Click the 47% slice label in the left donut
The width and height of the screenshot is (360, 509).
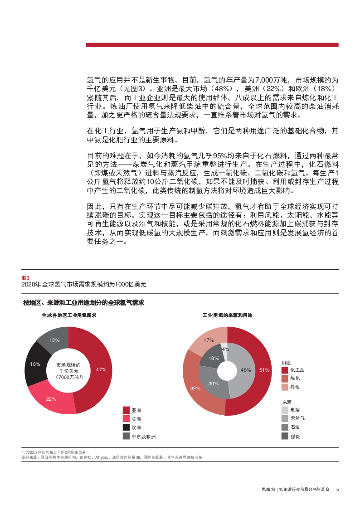pyautogui.click(x=101, y=370)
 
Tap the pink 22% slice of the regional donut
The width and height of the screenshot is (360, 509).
pyautogui.click(x=51, y=399)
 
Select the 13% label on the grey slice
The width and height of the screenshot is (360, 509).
pyautogui.click(x=54, y=340)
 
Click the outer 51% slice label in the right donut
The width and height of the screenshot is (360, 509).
pyautogui.click(x=264, y=370)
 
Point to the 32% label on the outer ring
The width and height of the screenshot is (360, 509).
pyautogui.click(x=195, y=388)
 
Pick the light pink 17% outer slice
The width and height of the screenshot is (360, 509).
pyautogui.click(x=209, y=340)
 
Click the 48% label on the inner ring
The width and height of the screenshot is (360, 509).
pyautogui.click(x=246, y=370)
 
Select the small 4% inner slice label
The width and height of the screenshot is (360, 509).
pyautogui.click(x=225, y=349)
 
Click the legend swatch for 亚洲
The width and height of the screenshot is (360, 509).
pyautogui.click(x=126, y=410)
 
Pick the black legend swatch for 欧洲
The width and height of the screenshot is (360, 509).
pyautogui.click(x=126, y=427)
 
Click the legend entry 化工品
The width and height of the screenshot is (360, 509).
pyautogui.click(x=297, y=370)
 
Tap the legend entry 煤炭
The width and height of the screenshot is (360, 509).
pyautogui.click(x=295, y=436)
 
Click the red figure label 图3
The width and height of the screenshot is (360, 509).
pyautogui.click(x=25, y=277)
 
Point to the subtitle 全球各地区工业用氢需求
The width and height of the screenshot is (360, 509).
pyautogui.click(x=69, y=315)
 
